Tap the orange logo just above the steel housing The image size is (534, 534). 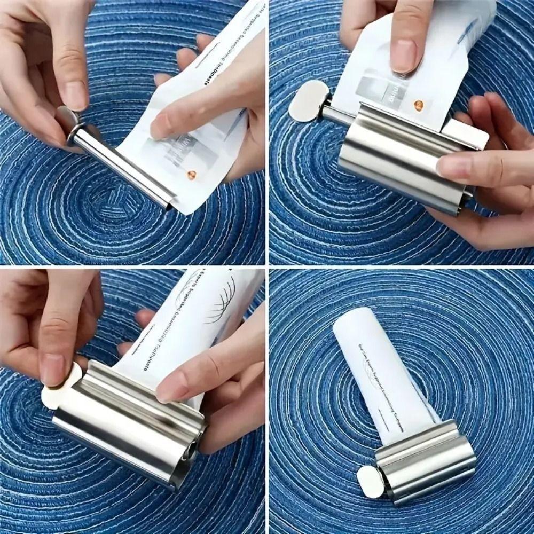pos(418,105)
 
